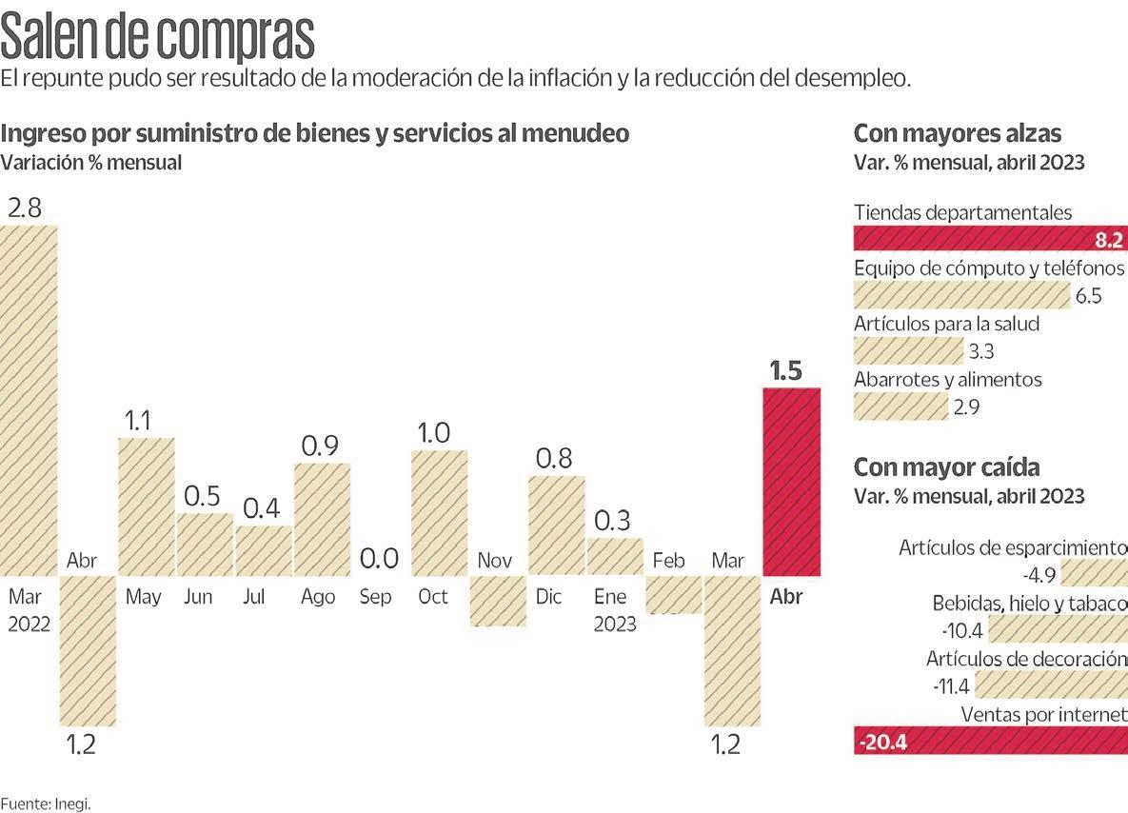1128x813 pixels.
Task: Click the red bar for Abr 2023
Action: click(792, 482)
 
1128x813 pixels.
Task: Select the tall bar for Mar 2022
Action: click(30, 400)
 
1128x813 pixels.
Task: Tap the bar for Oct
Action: click(439, 512)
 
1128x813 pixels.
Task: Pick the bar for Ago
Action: click(322, 519)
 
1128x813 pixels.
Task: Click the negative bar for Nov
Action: click(498, 601)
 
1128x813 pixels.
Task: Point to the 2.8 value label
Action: click(25, 208)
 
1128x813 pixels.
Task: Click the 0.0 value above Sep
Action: click(379, 559)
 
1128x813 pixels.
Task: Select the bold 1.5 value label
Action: click(786, 371)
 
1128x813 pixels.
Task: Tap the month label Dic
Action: click(548, 597)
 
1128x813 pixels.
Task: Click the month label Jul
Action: click(254, 597)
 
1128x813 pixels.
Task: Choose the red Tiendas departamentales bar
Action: click(990, 238)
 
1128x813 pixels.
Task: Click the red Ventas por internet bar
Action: click(990, 741)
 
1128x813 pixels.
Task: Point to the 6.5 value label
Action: click(1088, 296)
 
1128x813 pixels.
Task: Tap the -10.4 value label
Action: click(960, 630)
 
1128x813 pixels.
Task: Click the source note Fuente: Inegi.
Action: click(46, 803)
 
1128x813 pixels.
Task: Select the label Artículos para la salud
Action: click(946, 324)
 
